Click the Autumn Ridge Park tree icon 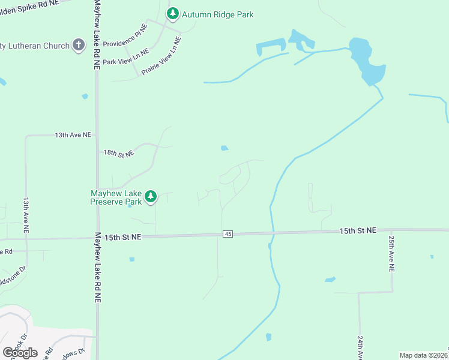click(173, 14)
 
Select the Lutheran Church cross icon click(79, 45)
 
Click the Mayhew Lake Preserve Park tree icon click(151, 196)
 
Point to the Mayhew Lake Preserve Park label click(116, 197)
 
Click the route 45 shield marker click(228, 234)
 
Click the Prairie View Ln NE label click(161, 56)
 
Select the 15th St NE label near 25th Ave click(358, 230)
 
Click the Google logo click(20, 353)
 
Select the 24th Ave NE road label click(360, 348)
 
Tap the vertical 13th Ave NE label click(26, 215)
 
